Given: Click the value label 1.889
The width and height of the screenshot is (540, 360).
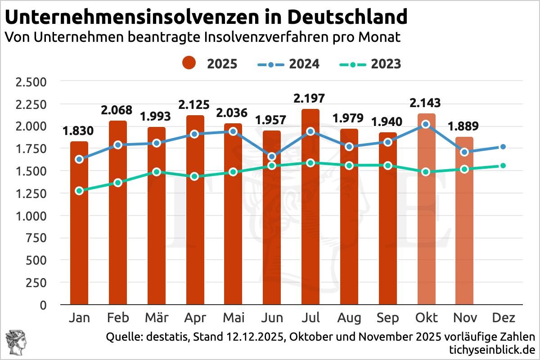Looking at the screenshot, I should (x=464, y=126).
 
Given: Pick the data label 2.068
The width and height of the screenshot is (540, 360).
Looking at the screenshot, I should (x=117, y=110).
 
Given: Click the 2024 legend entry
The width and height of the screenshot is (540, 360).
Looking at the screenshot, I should (x=288, y=64).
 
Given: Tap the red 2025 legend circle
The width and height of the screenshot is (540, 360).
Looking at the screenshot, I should (x=189, y=63).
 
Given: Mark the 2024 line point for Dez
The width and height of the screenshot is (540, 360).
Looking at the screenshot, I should (x=503, y=147).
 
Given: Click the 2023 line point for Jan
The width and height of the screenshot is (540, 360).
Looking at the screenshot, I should (x=79, y=191).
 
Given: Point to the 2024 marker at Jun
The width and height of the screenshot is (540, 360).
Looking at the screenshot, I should (x=272, y=157).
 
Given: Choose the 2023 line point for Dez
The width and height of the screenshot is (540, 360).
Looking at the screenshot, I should (x=503, y=166).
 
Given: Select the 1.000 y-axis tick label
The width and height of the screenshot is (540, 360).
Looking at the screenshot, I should (x=31, y=216).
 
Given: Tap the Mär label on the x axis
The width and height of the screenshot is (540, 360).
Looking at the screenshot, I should (x=156, y=318).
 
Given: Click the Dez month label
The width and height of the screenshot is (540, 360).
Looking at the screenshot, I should (x=503, y=318).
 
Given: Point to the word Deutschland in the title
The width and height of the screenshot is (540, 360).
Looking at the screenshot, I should (x=347, y=18).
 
